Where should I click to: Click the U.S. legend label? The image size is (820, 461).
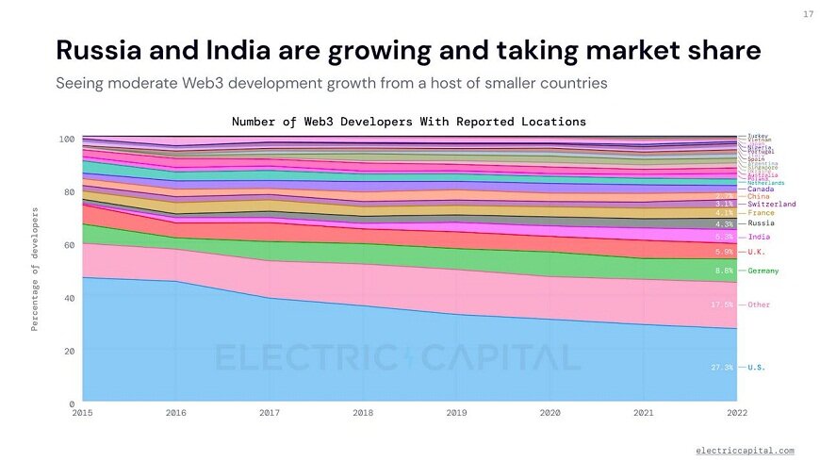[757, 367]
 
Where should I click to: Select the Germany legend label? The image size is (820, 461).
[763, 272]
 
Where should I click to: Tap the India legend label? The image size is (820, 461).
[759, 238]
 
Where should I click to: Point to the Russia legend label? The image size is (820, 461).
[762, 223]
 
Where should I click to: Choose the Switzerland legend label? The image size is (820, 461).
[772, 204]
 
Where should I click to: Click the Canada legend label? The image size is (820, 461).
[761, 189]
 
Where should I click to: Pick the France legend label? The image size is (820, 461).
[762, 213]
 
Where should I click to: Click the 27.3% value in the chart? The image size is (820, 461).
[723, 367]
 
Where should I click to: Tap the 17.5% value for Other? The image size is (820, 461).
[723, 305]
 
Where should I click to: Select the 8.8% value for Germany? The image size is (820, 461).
[725, 272]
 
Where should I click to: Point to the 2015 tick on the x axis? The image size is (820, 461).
[82, 413]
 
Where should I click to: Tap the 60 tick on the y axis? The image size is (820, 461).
[67, 245]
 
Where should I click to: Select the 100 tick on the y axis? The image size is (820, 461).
[65, 139]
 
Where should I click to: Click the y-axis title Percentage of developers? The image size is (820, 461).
[35, 270]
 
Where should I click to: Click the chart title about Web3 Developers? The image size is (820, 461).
[409, 122]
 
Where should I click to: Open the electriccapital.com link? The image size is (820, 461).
[745, 451]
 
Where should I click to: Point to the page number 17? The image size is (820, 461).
[808, 14]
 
